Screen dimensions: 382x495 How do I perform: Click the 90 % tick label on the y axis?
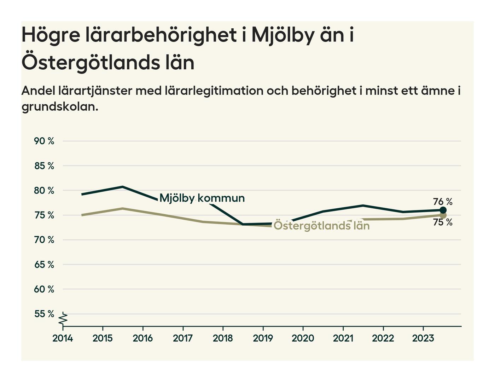44,141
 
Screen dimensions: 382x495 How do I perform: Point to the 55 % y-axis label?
44,314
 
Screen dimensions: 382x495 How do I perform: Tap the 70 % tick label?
44,240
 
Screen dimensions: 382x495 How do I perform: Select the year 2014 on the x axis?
63,338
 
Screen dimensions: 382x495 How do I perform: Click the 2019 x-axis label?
263,338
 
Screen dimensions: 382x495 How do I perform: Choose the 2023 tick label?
423,338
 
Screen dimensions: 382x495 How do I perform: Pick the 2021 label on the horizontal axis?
343,338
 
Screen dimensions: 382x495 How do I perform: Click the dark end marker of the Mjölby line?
443,210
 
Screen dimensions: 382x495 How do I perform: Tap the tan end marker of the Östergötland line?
443,215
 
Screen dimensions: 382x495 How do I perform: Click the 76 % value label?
443,202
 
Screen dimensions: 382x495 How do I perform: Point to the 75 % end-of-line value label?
443,222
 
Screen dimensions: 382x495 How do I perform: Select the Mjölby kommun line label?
202,198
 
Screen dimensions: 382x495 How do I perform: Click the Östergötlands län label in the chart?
321,226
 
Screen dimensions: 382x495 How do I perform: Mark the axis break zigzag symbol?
63,319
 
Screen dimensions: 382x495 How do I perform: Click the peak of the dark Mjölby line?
122,187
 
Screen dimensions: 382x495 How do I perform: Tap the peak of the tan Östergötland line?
122,209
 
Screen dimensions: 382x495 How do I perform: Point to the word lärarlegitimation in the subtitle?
214,91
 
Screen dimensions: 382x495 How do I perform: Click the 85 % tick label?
44,166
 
